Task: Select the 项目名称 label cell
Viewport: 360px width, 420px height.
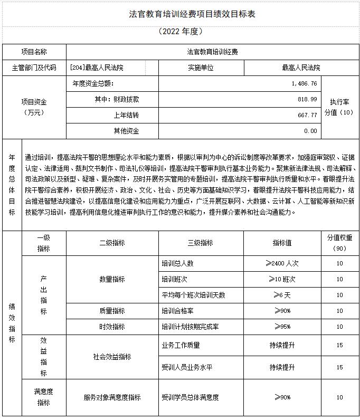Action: (34, 52)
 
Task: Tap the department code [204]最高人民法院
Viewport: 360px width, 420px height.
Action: (97, 68)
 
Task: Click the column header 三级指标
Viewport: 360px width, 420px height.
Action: (201, 243)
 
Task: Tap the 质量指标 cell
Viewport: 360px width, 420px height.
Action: (112, 311)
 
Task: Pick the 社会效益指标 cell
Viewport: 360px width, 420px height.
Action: (112, 357)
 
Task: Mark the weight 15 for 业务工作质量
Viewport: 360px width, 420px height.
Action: (339, 346)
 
